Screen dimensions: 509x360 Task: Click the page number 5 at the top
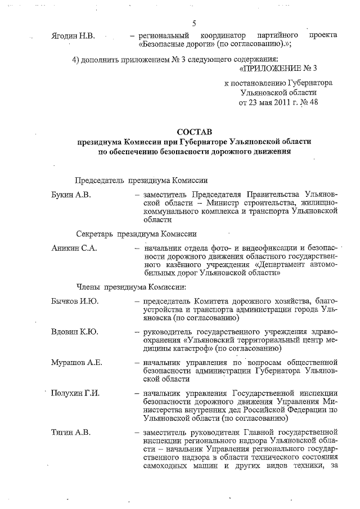[x=194, y=23]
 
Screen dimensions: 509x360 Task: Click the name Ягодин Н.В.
[x=73, y=35]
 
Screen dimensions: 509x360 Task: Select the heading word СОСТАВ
[x=193, y=131]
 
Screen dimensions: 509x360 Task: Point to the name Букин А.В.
[x=71, y=194]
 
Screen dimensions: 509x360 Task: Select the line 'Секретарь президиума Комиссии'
[x=137, y=233]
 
